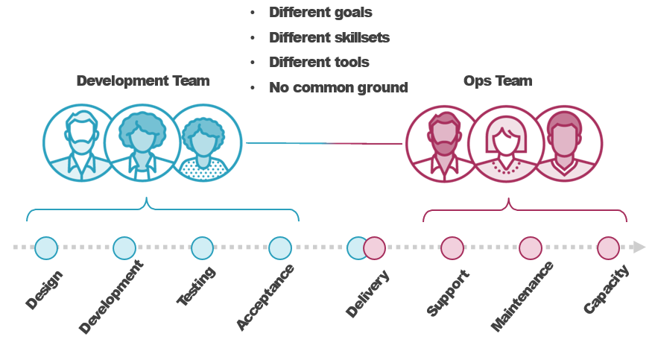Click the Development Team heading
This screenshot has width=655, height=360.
[x=142, y=80]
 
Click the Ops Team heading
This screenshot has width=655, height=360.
[x=497, y=80]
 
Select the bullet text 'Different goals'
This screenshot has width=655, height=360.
[x=320, y=13]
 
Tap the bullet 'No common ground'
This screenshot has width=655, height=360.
[x=338, y=87]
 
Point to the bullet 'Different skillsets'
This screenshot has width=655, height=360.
[x=329, y=37]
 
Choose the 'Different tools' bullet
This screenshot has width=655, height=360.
[x=319, y=62]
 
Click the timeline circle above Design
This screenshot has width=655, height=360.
[x=46, y=248]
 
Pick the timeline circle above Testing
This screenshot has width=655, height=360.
[x=202, y=248]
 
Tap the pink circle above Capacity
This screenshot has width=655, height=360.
[x=608, y=248]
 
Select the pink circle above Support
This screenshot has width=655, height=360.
[x=452, y=248]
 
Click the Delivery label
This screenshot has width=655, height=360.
[x=368, y=294]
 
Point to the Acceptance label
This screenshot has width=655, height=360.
[x=265, y=297]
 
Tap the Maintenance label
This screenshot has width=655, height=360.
[x=522, y=297]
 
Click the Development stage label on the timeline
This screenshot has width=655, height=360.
[x=111, y=297]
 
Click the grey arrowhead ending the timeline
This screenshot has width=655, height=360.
[x=639, y=247]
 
